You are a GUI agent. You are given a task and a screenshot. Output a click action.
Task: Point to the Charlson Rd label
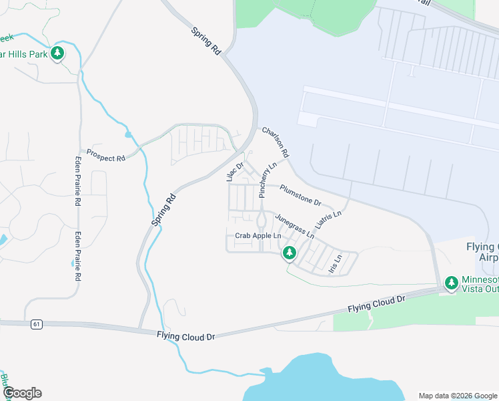click(x=276, y=142)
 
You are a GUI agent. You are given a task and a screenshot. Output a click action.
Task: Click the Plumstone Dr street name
click(x=300, y=195)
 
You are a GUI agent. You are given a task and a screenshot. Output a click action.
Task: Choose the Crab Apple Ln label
click(x=258, y=236)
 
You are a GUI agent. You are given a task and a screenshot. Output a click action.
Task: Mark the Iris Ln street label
click(x=335, y=263)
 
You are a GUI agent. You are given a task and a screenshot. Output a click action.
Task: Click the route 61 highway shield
click(x=36, y=324)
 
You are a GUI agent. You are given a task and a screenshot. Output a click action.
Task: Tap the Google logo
click(x=22, y=393)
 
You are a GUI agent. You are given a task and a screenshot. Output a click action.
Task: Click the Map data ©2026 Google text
click(x=457, y=395)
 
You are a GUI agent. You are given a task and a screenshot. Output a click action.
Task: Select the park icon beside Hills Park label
click(x=57, y=53)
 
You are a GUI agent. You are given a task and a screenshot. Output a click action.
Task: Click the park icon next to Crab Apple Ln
click(x=289, y=253)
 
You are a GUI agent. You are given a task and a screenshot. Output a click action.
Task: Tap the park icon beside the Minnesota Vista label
click(x=452, y=283)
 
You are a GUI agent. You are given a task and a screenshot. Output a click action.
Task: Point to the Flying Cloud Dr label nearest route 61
click(x=187, y=336)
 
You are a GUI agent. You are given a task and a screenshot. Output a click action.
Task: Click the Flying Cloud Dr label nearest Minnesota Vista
click(x=376, y=305)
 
